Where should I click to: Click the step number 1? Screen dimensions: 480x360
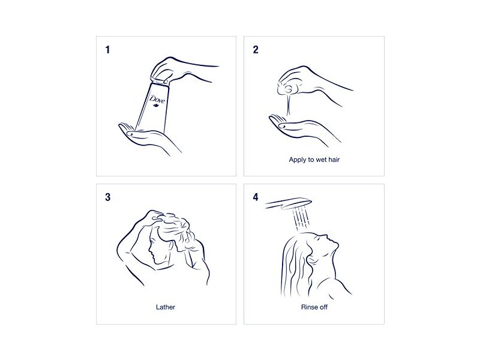coord(107,50)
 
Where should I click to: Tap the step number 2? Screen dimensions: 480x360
coord(256,50)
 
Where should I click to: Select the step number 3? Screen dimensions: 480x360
coord(108,197)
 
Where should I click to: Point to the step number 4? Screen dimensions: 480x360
coord(256,197)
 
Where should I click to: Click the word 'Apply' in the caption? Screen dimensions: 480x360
coord(298,160)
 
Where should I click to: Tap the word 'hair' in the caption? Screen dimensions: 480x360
coord(334,160)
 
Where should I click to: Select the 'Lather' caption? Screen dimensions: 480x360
coord(166,307)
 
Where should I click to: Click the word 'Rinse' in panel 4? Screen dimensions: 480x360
coord(309,307)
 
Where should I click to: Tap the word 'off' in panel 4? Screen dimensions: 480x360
coord(323,307)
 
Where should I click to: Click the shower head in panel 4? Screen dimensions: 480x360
coord(289,203)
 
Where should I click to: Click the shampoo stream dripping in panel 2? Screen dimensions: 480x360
coord(289,105)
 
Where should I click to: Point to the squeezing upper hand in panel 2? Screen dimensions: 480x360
coord(303,81)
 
